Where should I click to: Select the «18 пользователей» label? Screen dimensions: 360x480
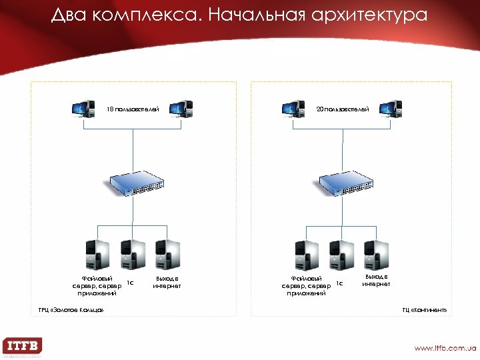coord(133,109)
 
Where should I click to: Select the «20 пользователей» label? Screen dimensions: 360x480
coord(342,108)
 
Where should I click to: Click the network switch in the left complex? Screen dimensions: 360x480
coord(136,182)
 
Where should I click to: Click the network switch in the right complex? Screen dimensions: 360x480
coord(345,182)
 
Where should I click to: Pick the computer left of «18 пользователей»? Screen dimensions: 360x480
coord(83,109)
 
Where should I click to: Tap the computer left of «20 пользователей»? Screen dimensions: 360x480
coord(293,109)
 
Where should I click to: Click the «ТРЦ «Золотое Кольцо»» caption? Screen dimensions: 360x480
coord(71,310)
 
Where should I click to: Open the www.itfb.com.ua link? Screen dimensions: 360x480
coord(445,348)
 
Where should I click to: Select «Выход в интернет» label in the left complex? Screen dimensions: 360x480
coord(167,282)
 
